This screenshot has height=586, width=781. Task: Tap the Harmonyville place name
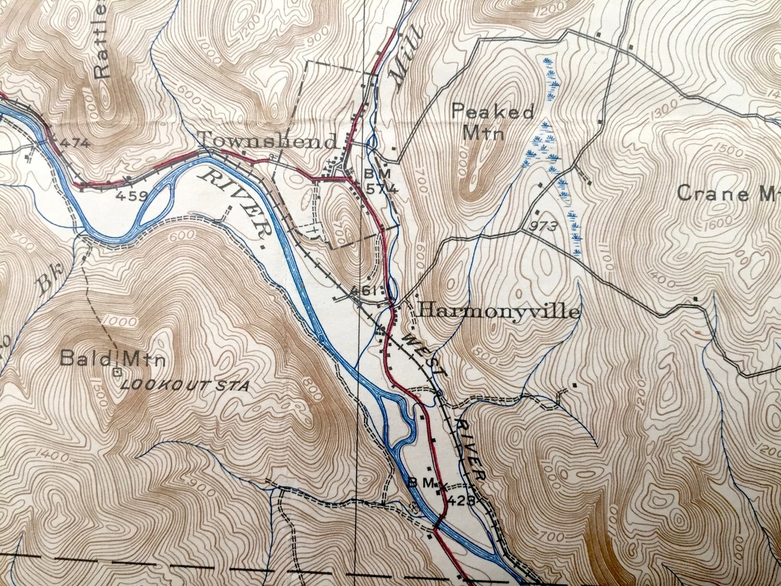click(x=498, y=311)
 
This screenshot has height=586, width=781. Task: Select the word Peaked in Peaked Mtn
click(x=493, y=112)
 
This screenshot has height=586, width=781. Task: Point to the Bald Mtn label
click(x=112, y=358)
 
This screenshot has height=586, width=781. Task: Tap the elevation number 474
click(x=75, y=143)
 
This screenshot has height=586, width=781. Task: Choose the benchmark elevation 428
click(x=462, y=500)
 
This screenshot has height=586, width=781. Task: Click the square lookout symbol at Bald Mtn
click(x=117, y=372)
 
